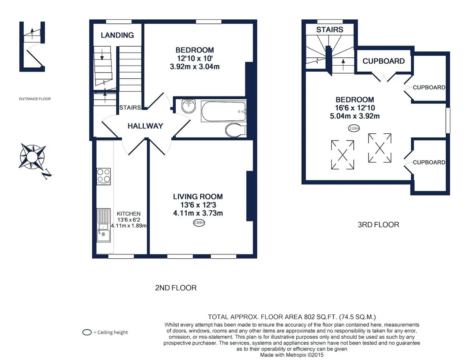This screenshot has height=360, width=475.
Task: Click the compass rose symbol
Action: (x=32, y=156)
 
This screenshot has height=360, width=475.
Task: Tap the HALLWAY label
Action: (x=145, y=126)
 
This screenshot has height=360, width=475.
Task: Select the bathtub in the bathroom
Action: (x=224, y=111)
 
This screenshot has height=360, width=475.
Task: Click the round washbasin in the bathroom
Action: (x=188, y=106)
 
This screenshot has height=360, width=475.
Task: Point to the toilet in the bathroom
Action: (x=235, y=130)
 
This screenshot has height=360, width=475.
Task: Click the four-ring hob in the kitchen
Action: (x=104, y=176)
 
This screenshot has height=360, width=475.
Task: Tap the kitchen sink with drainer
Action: (x=103, y=225)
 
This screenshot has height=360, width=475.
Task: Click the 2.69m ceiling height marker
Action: (x=199, y=223)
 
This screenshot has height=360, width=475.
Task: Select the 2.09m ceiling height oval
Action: (x=354, y=128)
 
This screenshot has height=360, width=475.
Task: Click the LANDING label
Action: (x=117, y=35)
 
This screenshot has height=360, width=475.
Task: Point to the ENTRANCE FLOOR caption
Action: (x=35, y=99)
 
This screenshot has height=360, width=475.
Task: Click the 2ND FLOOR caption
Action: (x=176, y=288)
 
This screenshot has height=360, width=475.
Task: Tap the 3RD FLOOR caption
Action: (x=378, y=225)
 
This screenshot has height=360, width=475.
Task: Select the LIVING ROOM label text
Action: (x=198, y=197)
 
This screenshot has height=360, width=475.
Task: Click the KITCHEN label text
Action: (x=129, y=214)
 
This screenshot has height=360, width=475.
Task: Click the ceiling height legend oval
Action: (x=87, y=332)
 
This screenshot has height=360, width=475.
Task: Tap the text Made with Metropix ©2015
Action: (x=292, y=355)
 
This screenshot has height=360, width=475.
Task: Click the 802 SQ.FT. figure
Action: (x=321, y=317)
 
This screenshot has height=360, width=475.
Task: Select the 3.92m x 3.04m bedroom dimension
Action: (x=194, y=66)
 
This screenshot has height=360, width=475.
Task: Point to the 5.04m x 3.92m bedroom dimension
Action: (x=355, y=116)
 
